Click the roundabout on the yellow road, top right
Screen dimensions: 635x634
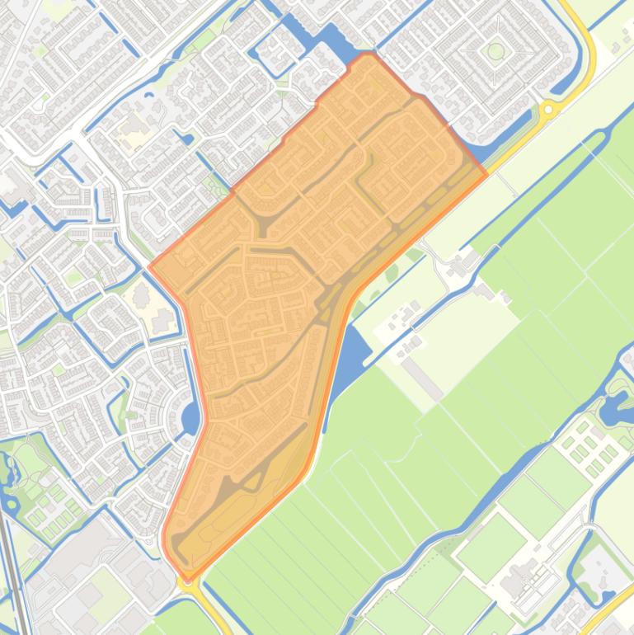(x=548, y=109)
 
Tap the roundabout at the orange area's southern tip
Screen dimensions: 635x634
(x=188, y=580)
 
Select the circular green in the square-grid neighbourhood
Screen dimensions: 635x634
(x=495, y=51)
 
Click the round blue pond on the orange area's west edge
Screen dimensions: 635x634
(x=190, y=419)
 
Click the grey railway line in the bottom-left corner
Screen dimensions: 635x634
(x=12, y=577)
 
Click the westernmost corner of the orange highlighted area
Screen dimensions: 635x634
(x=151, y=267)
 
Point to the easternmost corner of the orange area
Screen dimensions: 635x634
(x=486, y=172)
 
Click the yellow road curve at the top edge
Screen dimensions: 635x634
(x=582, y=25)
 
